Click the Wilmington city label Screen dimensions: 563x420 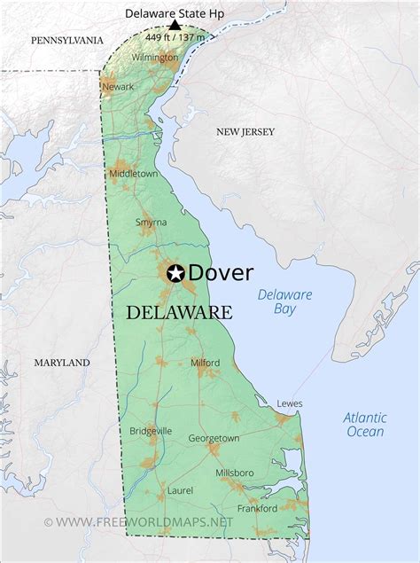tap(155, 58)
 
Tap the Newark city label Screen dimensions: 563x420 tap(118, 87)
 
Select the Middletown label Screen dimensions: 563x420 tap(133, 174)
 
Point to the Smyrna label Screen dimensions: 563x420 tap(150, 223)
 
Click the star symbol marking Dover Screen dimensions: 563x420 tap(175, 273)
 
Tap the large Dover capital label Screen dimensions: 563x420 tap(221, 273)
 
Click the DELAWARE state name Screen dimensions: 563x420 tap(179, 312)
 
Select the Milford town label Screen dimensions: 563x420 tap(205, 363)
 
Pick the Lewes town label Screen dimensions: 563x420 tap(289, 403)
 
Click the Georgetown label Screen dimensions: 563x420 tap(214, 438)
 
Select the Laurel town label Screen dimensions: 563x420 tap(179, 489)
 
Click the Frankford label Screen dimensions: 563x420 tap(257, 508)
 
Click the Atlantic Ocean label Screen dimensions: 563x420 tap(365, 424)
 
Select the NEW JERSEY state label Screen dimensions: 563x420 tap(245, 132)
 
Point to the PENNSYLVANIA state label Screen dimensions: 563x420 tap(66, 41)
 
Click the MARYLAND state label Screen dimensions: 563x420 tap(62, 363)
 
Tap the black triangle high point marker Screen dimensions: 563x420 tap(175, 26)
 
